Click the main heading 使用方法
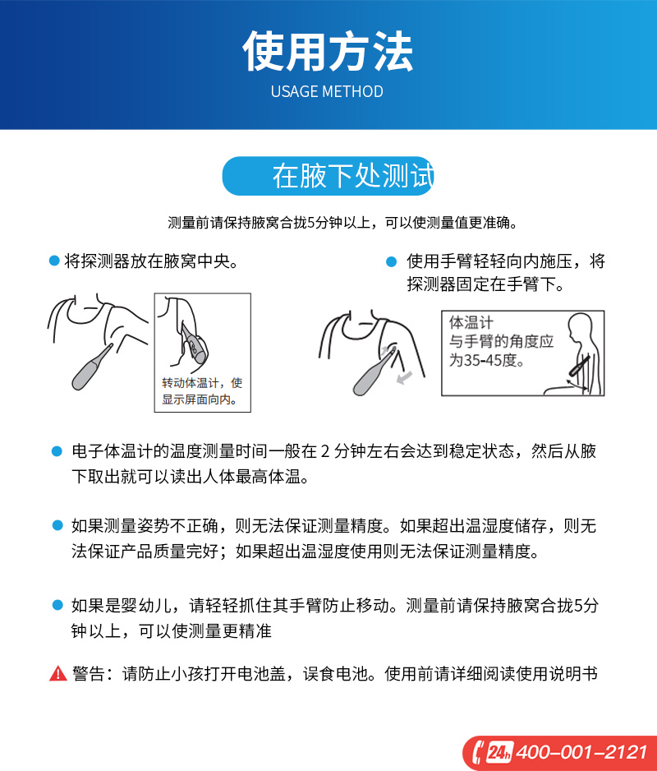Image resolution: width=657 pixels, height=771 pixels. pyautogui.click(x=328, y=51)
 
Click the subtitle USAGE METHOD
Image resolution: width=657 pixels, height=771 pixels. pyautogui.click(x=328, y=91)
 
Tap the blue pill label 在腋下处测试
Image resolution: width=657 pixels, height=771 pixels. pyautogui.click(x=328, y=176)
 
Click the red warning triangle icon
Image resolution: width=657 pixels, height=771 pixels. pyautogui.click(x=58, y=673)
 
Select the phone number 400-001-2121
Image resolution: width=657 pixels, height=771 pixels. pyautogui.click(x=582, y=752)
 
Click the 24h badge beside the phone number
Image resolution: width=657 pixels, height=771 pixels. pyautogui.click(x=500, y=752)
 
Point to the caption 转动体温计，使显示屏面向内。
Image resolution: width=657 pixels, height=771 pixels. pyautogui.click(x=202, y=391)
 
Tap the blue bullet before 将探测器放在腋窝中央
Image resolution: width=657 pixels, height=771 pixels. pyautogui.click(x=54, y=261)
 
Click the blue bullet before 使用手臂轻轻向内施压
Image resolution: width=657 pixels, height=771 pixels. pyautogui.click(x=391, y=261)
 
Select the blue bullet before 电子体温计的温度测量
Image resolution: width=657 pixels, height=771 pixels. pyautogui.click(x=57, y=451)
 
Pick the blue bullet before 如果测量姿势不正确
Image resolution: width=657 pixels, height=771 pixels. pyautogui.click(x=57, y=525)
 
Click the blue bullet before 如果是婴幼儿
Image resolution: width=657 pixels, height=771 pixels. pyautogui.click(x=57, y=605)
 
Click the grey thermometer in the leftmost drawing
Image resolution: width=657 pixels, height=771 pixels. pyautogui.click(x=91, y=367)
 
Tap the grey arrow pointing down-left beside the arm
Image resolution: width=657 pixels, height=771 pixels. pyautogui.click(x=404, y=377)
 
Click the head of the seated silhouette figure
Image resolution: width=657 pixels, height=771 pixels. pyautogui.click(x=580, y=325)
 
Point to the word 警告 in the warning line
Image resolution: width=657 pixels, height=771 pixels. pyautogui.click(x=89, y=673)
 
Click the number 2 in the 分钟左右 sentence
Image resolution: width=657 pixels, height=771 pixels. pyautogui.click(x=325, y=451)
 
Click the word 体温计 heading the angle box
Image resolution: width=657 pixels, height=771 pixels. pyautogui.click(x=471, y=322)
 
